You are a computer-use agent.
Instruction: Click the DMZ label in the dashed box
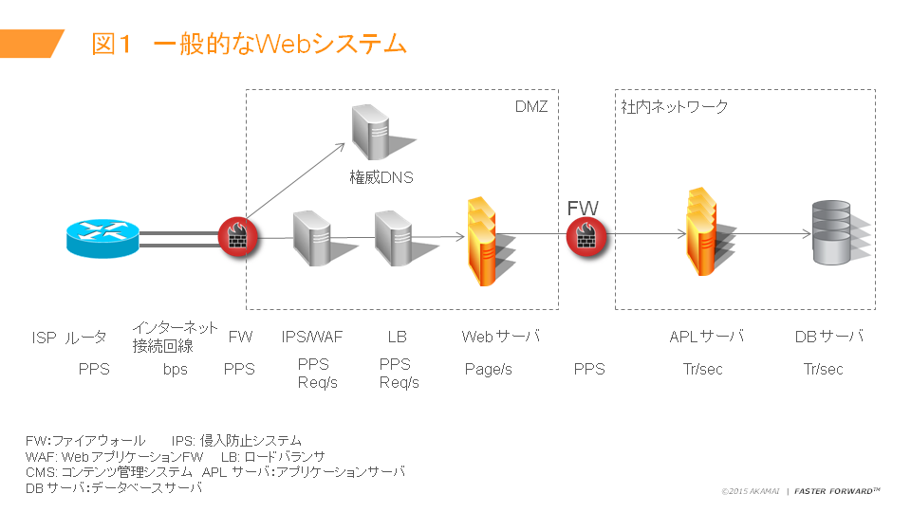[530, 106]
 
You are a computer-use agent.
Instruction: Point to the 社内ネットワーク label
[675, 106]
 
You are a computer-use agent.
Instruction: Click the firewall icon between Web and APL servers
[586, 237]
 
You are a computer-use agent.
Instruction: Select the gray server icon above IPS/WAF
[311, 237]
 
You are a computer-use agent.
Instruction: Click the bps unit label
[176, 369]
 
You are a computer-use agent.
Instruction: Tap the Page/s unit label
[488, 369]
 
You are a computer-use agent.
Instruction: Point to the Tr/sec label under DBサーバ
[823, 369]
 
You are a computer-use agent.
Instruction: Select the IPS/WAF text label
[312, 337]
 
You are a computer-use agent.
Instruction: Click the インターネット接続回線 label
[176, 337]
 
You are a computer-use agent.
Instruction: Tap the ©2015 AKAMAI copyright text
[750, 491]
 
